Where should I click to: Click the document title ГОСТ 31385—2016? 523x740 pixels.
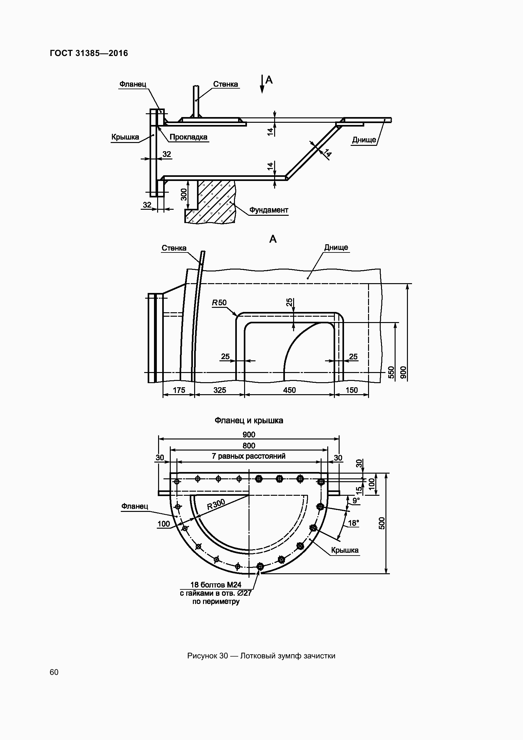pyautogui.click(x=89, y=53)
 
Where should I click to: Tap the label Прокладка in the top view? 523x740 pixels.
pyautogui.click(x=188, y=137)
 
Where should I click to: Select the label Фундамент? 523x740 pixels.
pyautogui.click(x=268, y=210)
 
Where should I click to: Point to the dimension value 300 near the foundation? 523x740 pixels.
pyautogui.click(x=184, y=194)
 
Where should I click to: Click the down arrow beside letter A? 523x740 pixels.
pyautogui.click(x=262, y=84)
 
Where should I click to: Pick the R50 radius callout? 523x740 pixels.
pyautogui.click(x=219, y=303)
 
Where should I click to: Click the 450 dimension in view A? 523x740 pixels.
pyautogui.click(x=289, y=390)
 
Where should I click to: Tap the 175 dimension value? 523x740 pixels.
pyautogui.click(x=179, y=390)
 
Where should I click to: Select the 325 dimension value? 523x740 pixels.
pyautogui.click(x=220, y=390)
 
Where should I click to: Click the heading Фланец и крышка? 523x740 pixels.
pyautogui.click(x=249, y=420)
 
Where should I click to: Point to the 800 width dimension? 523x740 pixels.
pyautogui.click(x=249, y=446)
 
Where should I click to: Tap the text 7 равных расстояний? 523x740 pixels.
pyautogui.click(x=249, y=457)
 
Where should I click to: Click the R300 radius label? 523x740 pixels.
pyautogui.click(x=216, y=504)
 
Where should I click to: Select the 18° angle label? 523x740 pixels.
pyautogui.click(x=353, y=523)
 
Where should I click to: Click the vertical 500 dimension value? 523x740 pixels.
pyautogui.click(x=382, y=523)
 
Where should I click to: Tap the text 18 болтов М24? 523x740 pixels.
pyautogui.click(x=216, y=585)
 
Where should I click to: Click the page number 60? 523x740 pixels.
pyautogui.click(x=54, y=672)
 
